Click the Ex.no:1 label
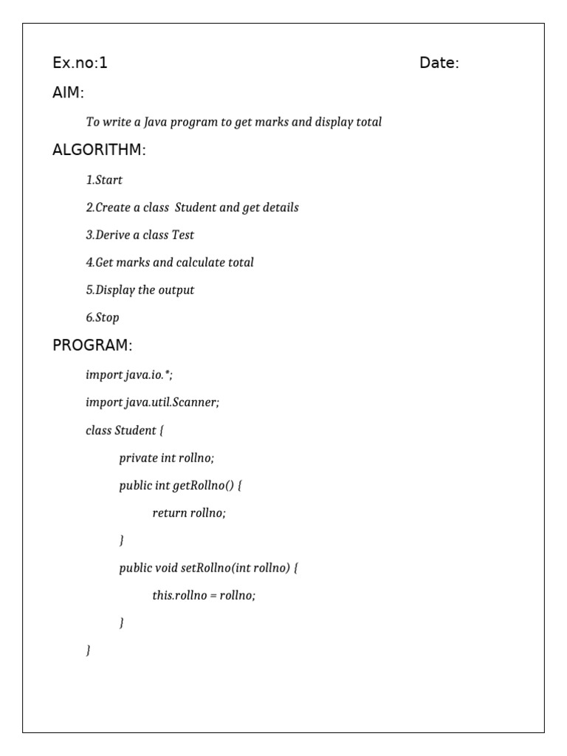coord(80,63)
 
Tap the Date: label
coord(439,63)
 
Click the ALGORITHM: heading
coord(99,150)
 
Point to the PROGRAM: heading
coord(92,346)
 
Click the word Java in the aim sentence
coord(155,122)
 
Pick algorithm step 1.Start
coord(104,180)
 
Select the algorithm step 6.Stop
coord(102,317)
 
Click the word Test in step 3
coord(183,235)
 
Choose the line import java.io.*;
coord(129,374)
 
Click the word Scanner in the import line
coord(196,402)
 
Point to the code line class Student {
coord(124,430)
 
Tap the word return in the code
coord(169,513)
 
